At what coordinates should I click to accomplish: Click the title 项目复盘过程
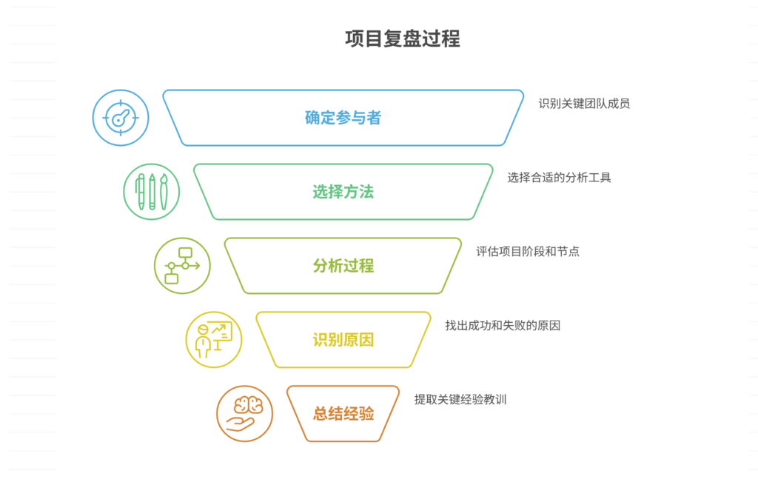point(402,39)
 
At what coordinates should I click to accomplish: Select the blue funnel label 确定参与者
point(343,118)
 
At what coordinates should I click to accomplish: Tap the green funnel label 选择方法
point(343,192)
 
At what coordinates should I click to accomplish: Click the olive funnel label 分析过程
point(343,266)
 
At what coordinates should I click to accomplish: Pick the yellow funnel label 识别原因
point(343,340)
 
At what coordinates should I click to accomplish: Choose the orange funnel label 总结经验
point(343,414)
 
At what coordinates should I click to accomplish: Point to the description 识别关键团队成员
point(584,104)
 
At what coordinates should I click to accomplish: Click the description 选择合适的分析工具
point(559,178)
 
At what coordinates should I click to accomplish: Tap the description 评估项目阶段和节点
point(528,252)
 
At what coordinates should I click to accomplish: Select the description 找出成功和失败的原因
point(503,325)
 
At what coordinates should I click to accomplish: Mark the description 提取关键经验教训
point(460,399)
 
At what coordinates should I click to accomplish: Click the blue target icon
point(121,118)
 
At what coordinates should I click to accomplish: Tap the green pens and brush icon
point(152,192)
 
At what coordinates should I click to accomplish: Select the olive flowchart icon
point(182,266)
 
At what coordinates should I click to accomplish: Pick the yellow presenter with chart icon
point(213,340)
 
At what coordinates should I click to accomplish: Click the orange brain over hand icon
point(244,414)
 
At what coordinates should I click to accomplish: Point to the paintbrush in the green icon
point(164,192)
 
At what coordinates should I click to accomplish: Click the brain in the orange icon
point(248,405)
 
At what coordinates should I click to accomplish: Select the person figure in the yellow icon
point(201,341)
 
